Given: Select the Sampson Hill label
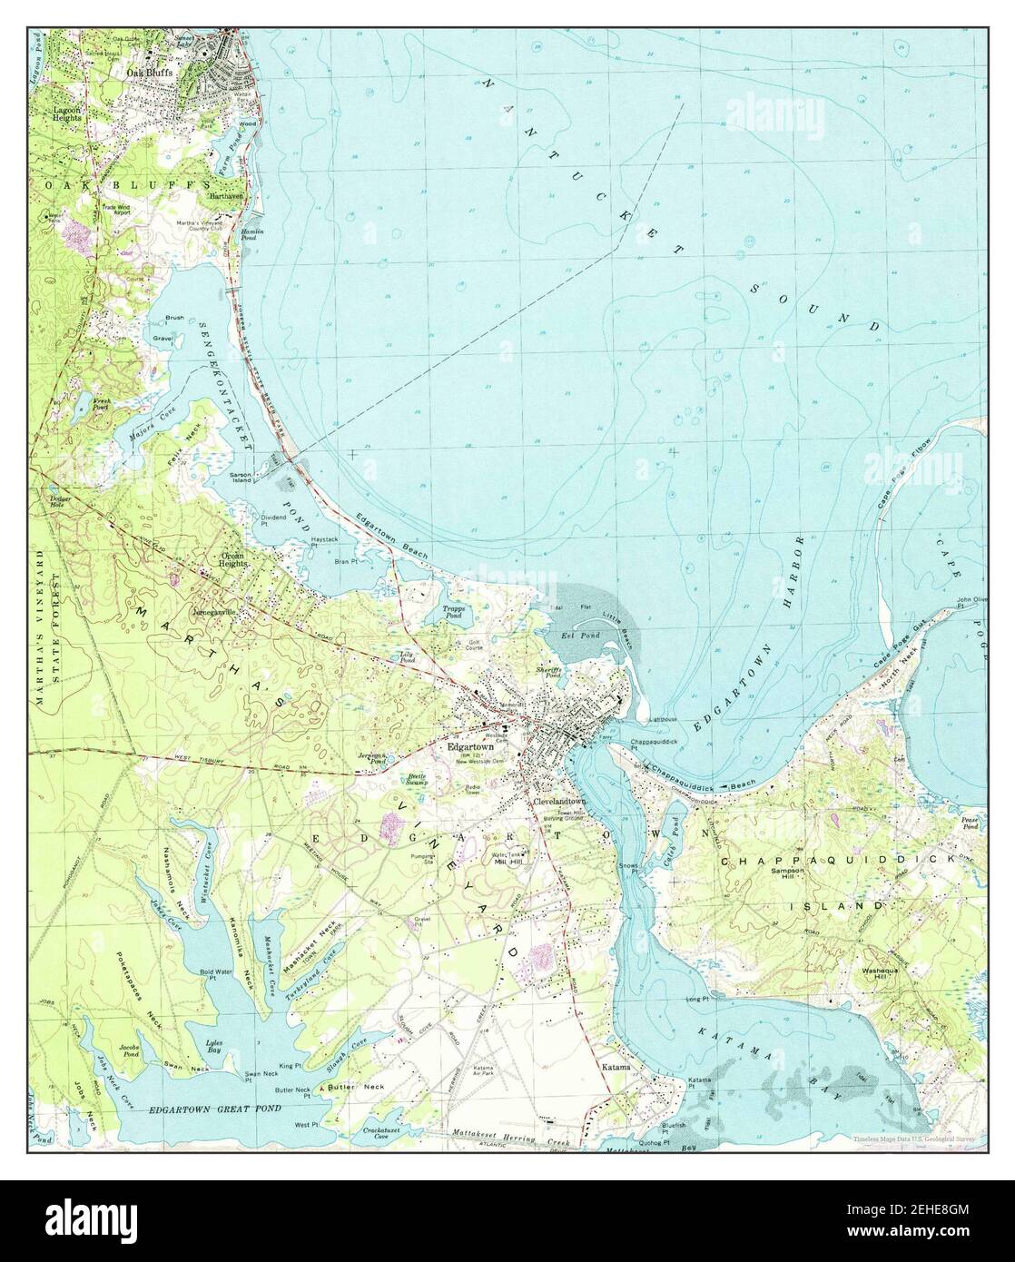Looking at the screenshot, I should [787, 873].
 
